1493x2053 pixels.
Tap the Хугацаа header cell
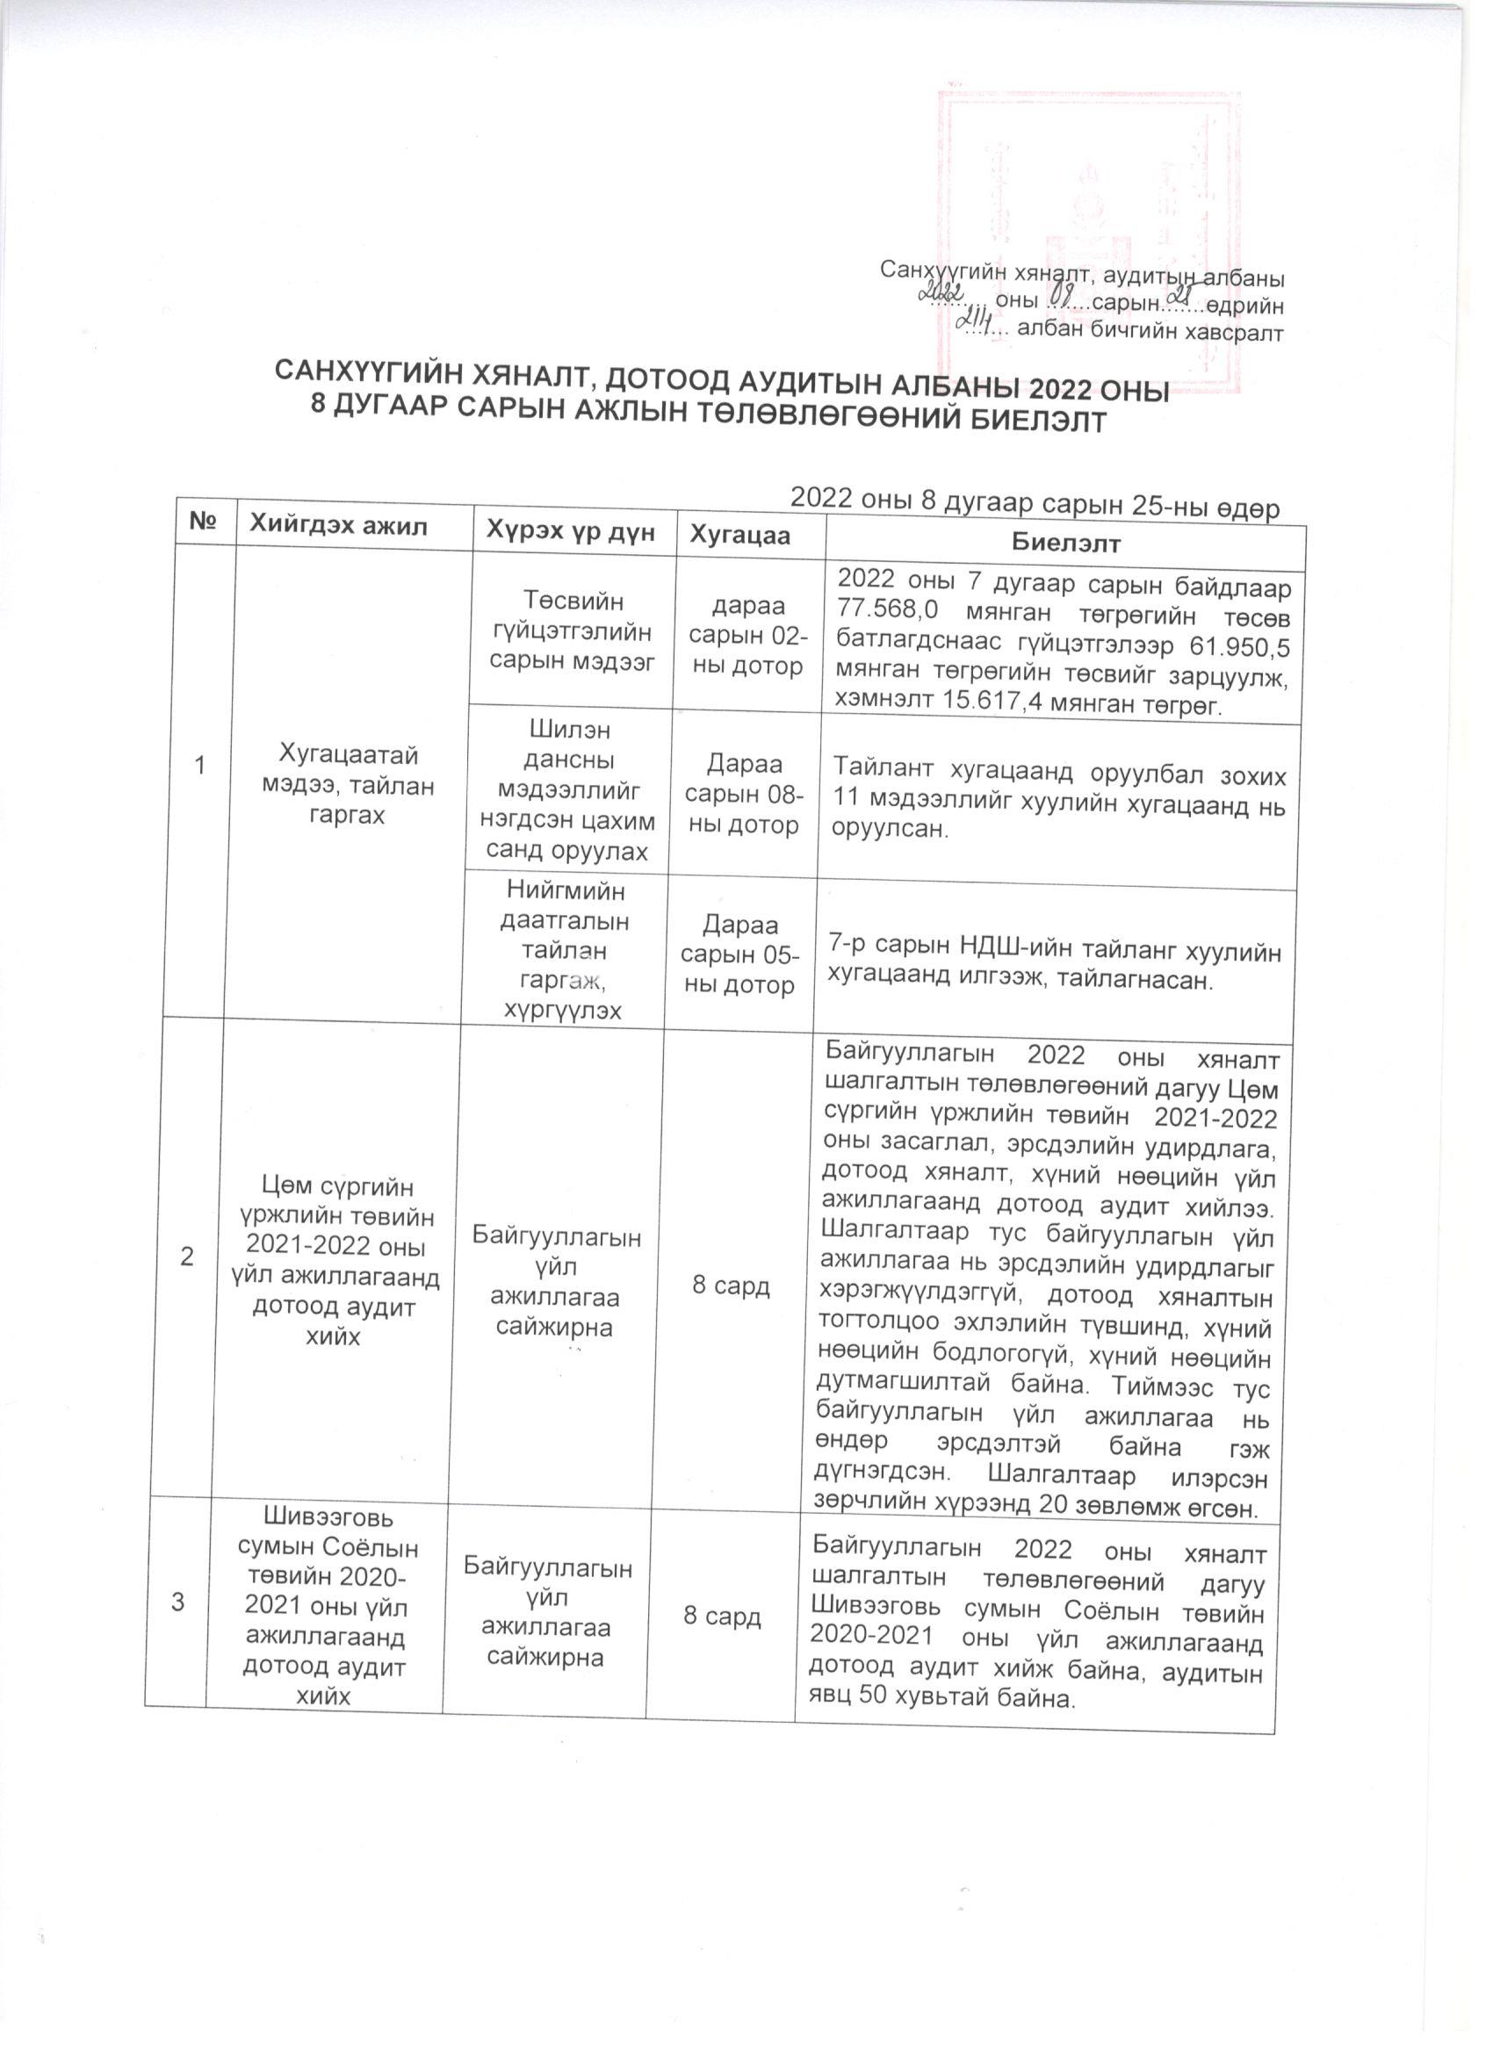[739, 535]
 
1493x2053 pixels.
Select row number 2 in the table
[186, 1257]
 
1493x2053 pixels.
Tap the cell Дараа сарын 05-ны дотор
[739, 955]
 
